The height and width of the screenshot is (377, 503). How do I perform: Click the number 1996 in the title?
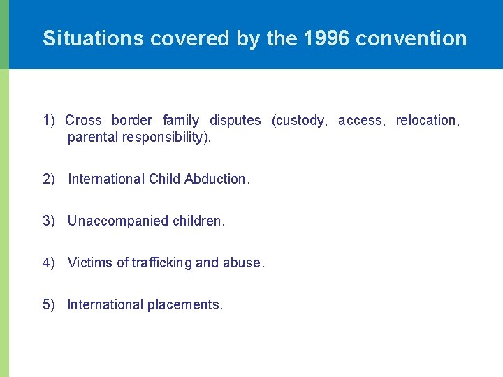[x=327, y=38]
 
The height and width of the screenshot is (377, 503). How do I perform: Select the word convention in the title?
[x=411, y=38]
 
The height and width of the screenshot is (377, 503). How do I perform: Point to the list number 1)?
[x=49, y=120]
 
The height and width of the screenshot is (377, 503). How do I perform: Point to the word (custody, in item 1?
[x=299, y=120]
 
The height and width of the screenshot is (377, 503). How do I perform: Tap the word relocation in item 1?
[x=426, y=120]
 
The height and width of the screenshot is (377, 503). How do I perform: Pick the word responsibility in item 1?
[x=165, y=137]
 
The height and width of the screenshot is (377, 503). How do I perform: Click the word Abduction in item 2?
[x=214, y=179]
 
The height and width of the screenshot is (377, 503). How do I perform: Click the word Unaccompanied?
[x=118, y=221]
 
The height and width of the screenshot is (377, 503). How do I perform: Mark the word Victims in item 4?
[x=89, y=263]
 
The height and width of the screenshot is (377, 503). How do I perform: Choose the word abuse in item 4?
[x=241, y=263]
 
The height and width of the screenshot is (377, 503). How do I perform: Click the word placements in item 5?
[x=184, y=304]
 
